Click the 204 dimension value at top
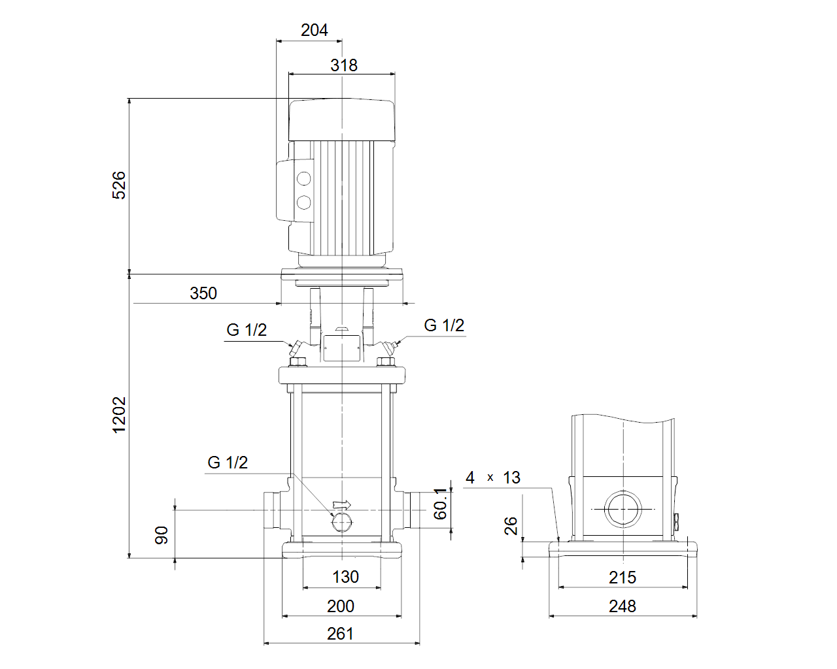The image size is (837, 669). (315, 30)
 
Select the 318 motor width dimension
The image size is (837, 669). (344, 65)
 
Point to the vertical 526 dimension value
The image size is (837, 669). (119, 186)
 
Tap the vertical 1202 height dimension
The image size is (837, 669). (119, 415)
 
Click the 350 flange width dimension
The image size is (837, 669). (203, 293)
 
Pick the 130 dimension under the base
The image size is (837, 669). (345, 577)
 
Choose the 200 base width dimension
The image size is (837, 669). (341, 606)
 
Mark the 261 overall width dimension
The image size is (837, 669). (340, 634)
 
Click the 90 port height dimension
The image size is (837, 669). (162, 535)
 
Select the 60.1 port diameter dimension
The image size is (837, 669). (440, 504)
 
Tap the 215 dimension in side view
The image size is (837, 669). (623, 578)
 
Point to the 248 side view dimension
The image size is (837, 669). (623, 606)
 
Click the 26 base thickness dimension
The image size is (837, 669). (511, 526)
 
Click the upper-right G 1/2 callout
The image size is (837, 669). (444, 325)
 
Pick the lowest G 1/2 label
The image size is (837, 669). (228, 463)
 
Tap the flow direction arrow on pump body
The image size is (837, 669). (341, 505)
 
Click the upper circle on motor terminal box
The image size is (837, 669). (304, 178)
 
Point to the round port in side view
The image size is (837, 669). (623, 509)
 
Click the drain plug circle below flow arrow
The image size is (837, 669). (341, 523)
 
